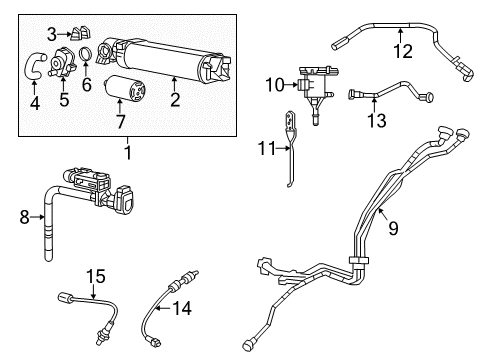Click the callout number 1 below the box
pos(127,151)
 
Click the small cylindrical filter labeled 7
pos(393,228)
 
